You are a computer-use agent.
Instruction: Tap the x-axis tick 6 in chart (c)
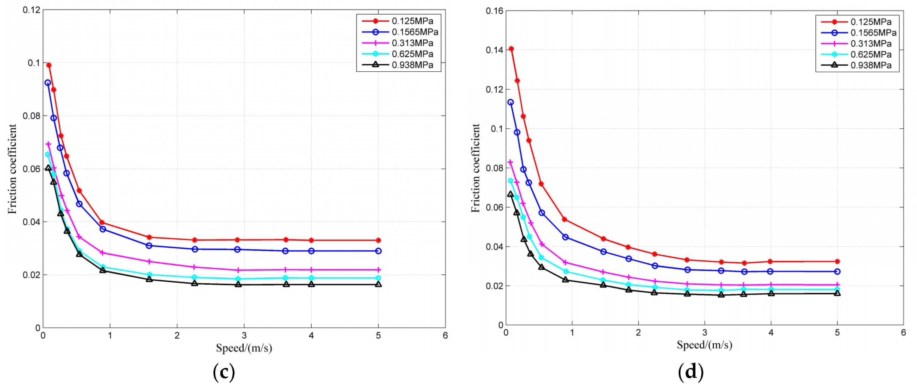(445, 336)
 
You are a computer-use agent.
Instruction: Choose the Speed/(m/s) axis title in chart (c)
(244, 348)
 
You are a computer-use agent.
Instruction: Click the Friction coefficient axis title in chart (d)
(476, 168)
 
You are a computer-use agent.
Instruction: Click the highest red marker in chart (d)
(511, 49)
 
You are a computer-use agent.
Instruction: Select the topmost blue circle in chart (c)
(47, 83)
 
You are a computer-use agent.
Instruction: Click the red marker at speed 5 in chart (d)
(837, 261)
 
